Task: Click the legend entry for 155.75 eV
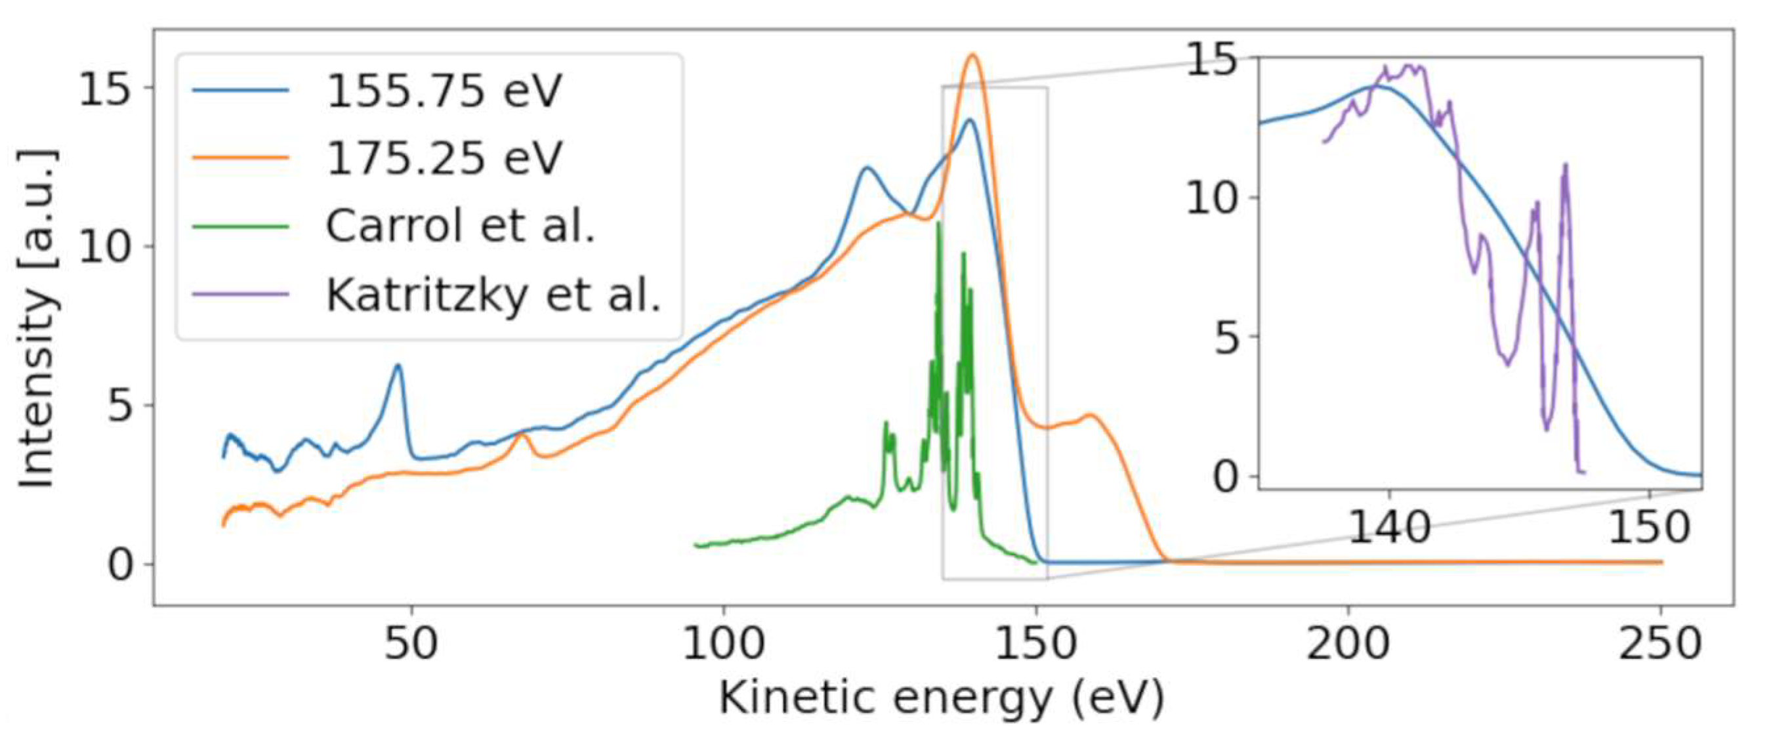click(444, 91)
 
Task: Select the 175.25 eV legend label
click(444, 159)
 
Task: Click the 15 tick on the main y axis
click(105, 89)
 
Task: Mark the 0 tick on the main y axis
click(119, 565)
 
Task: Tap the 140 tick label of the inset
click(1389, 528)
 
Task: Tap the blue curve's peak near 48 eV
click(398, 366)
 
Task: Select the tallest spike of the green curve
click(938, 224)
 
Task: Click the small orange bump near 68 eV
click(522, 435)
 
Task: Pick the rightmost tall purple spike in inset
click(1566, 165)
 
